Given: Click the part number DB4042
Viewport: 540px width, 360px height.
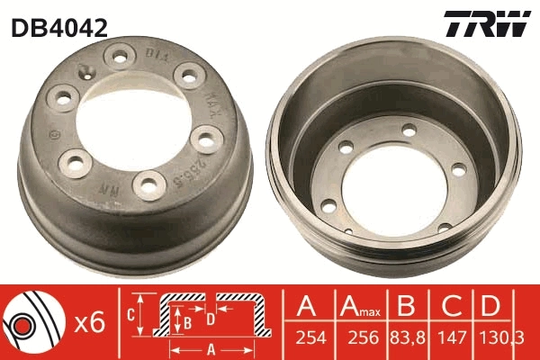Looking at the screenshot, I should (59, 28).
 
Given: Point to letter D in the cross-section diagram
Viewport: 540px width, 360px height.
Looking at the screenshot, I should (209, 318).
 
